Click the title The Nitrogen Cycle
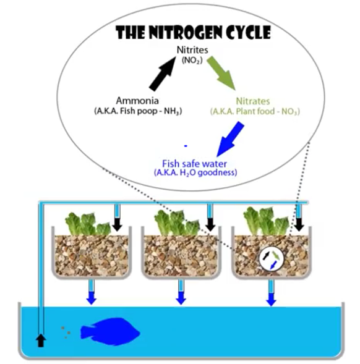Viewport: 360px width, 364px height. (x=193, y=32)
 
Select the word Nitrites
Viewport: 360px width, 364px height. (x=192, y=50)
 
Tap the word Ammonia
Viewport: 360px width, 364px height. (x=137, y=101)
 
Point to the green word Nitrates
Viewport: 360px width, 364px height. (x=253, y=101)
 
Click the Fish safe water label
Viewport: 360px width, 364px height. (x=194, y=164)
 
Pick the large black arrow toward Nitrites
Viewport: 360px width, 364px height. (x=162, y=74)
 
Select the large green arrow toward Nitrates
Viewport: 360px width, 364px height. (x=221, y=73)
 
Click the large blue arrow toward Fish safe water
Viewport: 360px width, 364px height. (x=230, y=139)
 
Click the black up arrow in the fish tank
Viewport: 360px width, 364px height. (x=41, y=341)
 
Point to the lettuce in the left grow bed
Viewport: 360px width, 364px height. (x=88, y=224)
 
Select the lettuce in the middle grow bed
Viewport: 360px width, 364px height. (x=177, y=222)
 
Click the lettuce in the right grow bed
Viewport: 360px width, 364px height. (x=266, y=221)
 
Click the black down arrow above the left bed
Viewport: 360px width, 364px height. (x=117, y=224)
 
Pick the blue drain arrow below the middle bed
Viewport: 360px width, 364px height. (x=181, y=298)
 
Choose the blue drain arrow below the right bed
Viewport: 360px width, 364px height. (x=271, y=299)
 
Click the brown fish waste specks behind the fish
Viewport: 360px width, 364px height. (x=66, y=332)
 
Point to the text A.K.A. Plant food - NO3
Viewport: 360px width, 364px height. (x=255, y=112)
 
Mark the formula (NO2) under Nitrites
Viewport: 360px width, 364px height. (x=192, y=61)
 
